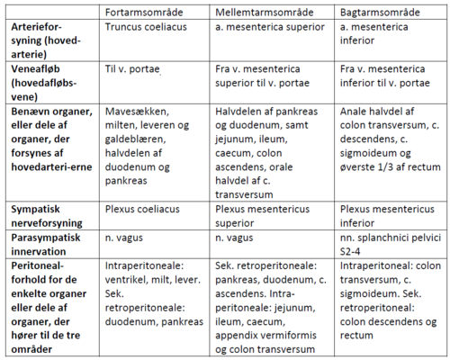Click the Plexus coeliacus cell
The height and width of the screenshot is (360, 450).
143,209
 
